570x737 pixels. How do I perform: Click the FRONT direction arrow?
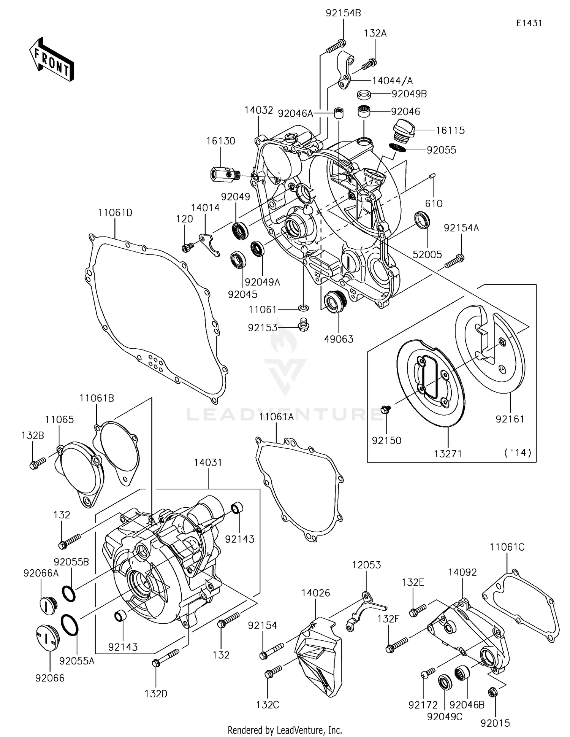click(x=51, y=59)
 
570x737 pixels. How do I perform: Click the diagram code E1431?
click(x=529, y=23)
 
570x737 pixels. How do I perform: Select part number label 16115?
click(x=450, y=130)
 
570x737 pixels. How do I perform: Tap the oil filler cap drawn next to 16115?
click(x=405, y=131)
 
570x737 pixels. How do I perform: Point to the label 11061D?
click(x=115, y=213)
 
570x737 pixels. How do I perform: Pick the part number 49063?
click(x=339, y=339)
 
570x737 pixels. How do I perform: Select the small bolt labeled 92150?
click(x=385, y=409)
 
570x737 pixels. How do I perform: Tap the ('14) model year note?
click(x=518, y=453)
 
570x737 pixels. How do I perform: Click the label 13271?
click(x=448, y=453)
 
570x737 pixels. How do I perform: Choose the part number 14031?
click(x=208, y=462)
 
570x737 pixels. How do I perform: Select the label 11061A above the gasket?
click(x=276, y=416)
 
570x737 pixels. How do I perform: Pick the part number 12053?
click(x=366, y=565)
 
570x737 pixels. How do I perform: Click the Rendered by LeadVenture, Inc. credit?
click(x=285, y=730)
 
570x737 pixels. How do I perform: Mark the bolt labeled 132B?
click(x=37, y=463)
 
